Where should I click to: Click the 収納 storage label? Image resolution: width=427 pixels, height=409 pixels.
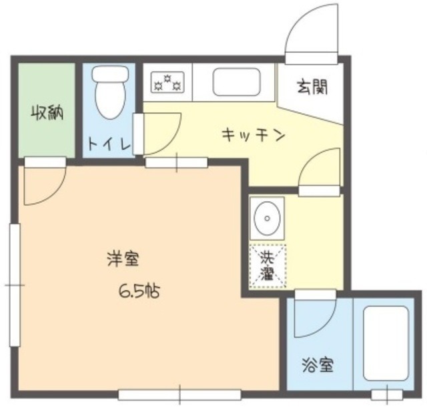click(46, 114)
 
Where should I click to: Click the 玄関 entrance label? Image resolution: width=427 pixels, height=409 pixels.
click(311, 86)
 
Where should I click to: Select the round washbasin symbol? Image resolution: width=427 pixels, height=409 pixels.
click(267, 218)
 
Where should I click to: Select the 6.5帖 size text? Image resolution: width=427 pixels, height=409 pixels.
click(140, 291)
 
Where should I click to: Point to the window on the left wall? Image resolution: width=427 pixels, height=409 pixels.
click(13, 284)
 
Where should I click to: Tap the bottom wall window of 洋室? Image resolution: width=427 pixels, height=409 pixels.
click(179, 394)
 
